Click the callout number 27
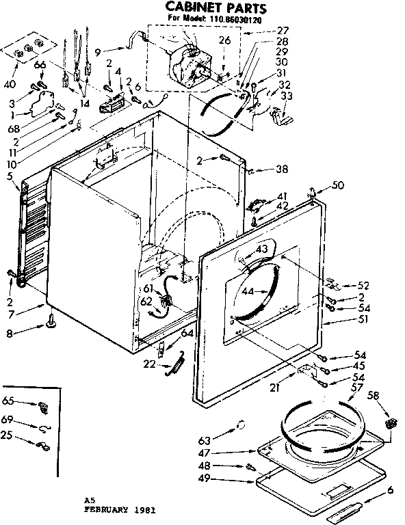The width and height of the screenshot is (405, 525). coord(283,31)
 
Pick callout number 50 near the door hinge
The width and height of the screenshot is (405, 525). coord(337,185)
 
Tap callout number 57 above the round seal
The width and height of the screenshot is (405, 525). coord(356,388)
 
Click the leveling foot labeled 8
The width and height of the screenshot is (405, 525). coord(51,320)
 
